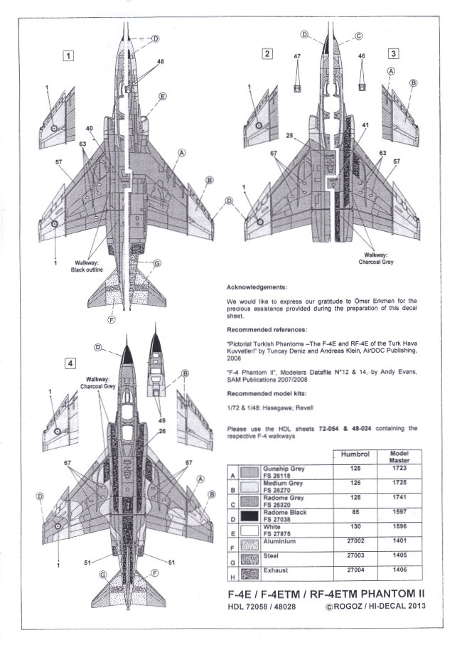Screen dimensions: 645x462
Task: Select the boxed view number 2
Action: (x=267, y=53)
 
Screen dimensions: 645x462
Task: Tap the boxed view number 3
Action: (x=393, y=53)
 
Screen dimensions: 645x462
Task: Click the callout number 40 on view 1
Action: (x=90, y=128)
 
